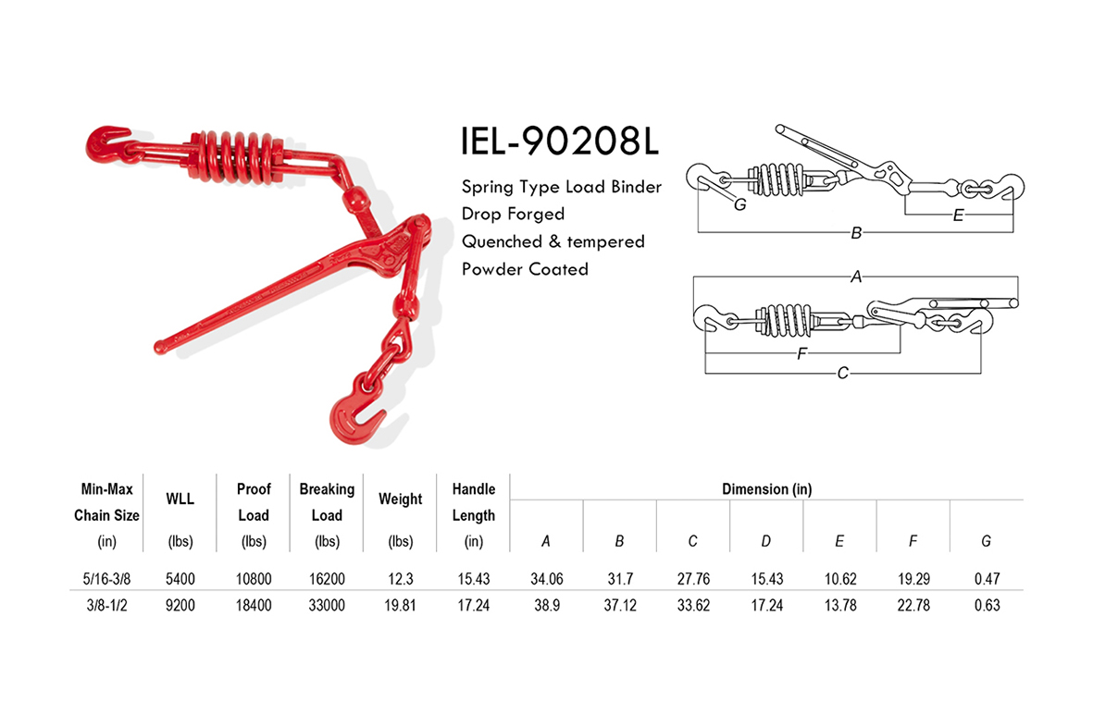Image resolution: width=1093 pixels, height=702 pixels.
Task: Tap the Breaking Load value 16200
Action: (327, 579)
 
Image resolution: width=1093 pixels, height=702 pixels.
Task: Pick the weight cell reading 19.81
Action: (401, 605)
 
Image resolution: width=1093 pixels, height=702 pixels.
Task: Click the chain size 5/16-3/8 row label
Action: (106, 579)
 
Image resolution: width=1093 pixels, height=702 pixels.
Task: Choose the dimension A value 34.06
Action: (546, 579)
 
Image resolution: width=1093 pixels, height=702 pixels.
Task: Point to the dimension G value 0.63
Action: (987, 605)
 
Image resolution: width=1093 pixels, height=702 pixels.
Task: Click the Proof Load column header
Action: (253, 501)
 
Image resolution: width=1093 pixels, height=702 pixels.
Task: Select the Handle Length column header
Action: (473, 501)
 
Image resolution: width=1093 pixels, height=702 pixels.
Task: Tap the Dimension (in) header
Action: (766, 489)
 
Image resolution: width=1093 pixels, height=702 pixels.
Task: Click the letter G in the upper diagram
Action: (739, 204)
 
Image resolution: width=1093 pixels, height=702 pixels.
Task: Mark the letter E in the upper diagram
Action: (958, 215)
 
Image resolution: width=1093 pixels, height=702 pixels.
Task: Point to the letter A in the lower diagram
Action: (856, 276)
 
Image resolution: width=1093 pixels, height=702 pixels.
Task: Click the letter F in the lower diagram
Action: (801, 353)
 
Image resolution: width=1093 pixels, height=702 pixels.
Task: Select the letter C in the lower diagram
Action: (842, 373)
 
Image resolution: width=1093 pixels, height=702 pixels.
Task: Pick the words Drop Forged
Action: (513, 214)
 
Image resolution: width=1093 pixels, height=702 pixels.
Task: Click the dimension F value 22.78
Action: (913, 605)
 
